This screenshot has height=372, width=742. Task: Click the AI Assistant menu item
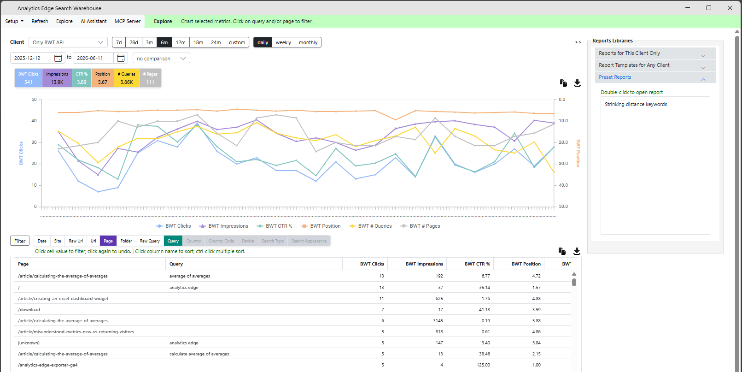pos(93,21)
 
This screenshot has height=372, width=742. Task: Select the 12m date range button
pos(181,42)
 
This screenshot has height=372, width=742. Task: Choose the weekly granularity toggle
pos(283,42)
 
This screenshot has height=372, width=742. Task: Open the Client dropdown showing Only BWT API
pos(68,42)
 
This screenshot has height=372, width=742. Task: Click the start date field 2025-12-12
pos(31,58)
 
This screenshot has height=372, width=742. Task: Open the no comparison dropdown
pos(161,59)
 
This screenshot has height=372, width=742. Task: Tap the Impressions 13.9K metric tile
pos(57,78)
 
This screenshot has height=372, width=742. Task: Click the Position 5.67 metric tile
pos(103,78)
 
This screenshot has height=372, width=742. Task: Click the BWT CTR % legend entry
pos(275,226)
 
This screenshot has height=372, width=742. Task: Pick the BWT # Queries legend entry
pos(370,226)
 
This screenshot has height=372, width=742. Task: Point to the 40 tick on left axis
pos(34,121)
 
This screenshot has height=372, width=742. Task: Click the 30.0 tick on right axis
pos(563,164)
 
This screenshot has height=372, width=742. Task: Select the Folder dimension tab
pos(126,241)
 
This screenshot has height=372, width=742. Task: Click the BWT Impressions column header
pos(424,264)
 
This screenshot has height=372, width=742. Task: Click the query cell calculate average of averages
pos(199,354)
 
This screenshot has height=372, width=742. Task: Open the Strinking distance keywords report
pos(636,105)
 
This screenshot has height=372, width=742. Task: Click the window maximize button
pos(709,8)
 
